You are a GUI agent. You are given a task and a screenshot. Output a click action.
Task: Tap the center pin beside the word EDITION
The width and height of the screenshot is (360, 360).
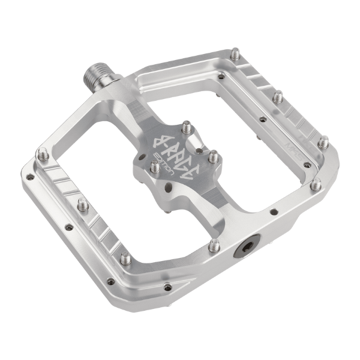154,167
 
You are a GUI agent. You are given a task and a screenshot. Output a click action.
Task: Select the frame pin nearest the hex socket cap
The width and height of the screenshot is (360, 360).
214,244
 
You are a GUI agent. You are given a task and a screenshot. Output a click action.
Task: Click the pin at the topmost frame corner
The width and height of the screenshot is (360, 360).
235,55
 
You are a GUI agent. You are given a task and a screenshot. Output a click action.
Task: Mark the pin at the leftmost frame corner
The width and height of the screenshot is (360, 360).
42,155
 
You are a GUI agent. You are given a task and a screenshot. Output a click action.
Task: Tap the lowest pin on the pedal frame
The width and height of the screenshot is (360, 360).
125,259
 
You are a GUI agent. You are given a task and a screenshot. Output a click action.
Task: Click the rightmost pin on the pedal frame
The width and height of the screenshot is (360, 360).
323,143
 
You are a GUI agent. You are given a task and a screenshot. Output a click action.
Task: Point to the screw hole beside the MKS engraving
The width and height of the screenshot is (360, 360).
307,164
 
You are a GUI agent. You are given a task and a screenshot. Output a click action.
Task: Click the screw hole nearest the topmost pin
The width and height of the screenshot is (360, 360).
221,76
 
